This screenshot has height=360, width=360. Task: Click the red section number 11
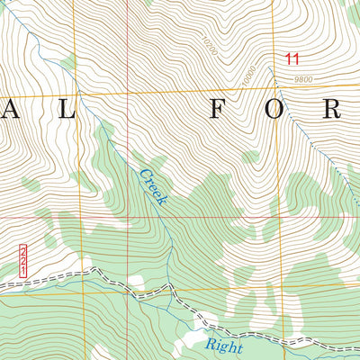(291, 59)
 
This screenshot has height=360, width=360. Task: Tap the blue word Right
(222, 343)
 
